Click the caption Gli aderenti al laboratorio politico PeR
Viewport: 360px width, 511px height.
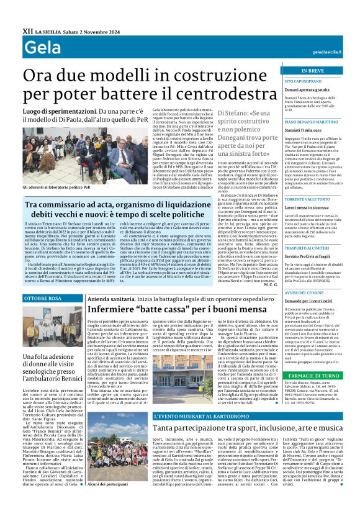pos(56,186)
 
